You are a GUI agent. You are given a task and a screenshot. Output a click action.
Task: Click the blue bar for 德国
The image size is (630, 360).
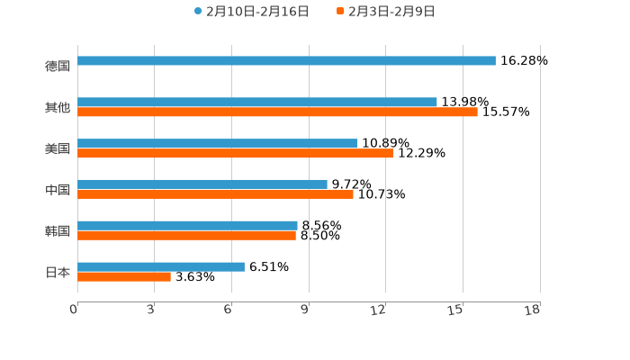pyautogui.click(x=286, y=61)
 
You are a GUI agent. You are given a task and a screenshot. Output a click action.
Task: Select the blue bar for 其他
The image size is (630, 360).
pyautogui.click(x=257, y=103)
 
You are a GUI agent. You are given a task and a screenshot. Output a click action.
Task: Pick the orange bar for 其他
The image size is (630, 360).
pyautogui.click(x=277, y=112)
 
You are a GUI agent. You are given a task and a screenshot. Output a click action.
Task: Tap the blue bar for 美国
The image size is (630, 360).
pyautogui.click(x=217, y=144)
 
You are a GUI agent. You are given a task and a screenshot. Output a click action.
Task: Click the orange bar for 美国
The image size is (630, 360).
pyautogui.click(x=235, y=154)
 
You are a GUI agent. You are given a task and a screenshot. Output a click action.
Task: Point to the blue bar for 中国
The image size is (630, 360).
pyautogui.click(x=202, y=184)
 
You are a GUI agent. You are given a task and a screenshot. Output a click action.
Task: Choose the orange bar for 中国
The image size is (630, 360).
pyautogui.click(x=215, y=193)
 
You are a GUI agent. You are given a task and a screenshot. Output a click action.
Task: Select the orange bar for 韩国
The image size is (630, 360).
pyautogui.click(x=186, y=236)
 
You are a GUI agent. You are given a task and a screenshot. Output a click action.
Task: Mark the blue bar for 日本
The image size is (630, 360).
pyautogui.click(x=161, y=266)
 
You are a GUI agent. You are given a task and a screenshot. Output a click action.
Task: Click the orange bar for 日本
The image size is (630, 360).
pyautogui.click(x=124, y=277)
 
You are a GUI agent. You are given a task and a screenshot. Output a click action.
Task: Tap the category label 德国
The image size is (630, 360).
pyautogui.click(x=58, y=66)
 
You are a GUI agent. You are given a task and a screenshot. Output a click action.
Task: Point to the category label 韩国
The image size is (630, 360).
pyautogui.click(x=58, y=230)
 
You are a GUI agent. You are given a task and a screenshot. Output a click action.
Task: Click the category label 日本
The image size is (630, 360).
pyautogui.click(x=58, y=272)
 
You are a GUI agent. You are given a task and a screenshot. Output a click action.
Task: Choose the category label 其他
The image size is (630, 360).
pyautogui.click(x=58, y=107)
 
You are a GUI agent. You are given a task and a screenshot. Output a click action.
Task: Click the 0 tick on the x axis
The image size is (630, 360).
pyautogui.click(x=74, y=310)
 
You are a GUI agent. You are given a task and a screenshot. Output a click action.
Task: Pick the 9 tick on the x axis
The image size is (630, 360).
pyautogui.click(x=305, y=310)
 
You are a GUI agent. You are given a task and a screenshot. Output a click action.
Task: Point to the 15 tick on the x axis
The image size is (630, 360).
pyautogui.click(x=455, y=310)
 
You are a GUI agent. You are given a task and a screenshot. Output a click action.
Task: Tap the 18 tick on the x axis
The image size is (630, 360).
pyautogui.click(x=533, y=310)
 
